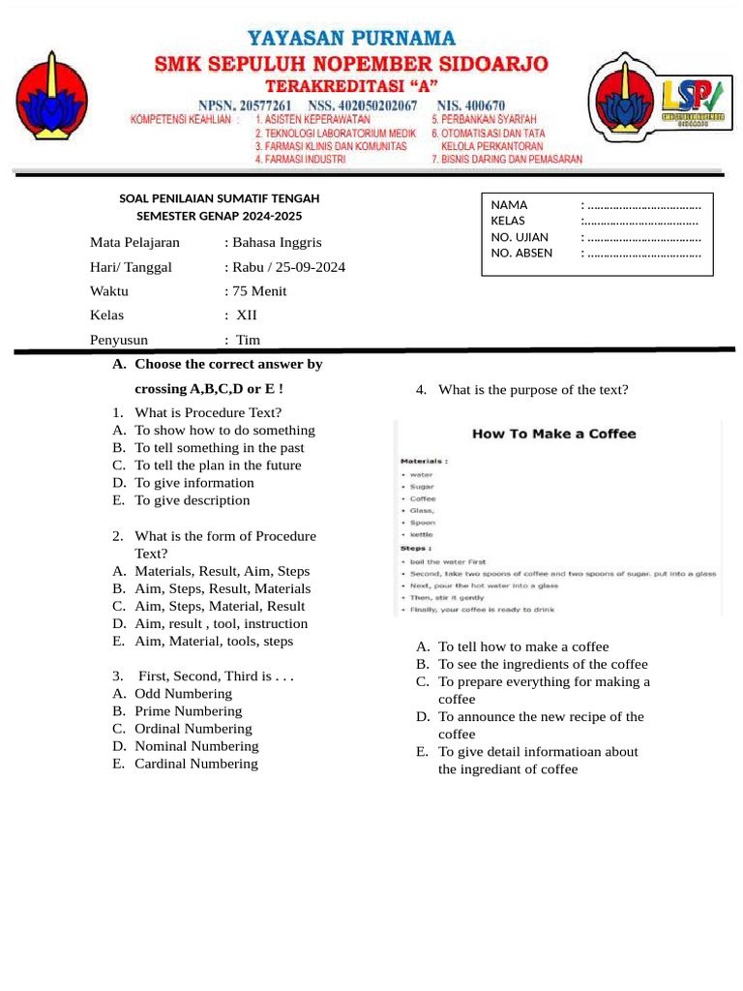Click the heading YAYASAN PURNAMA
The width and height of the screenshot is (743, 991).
pos(351,39)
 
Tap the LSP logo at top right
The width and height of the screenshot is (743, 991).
pos(689,97)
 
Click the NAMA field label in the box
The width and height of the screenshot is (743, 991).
pos(509,205)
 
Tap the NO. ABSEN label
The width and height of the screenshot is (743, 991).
pos(521,254)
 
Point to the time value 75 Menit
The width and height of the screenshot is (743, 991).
pos(259,291)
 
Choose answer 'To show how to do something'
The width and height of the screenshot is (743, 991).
pos(224,431)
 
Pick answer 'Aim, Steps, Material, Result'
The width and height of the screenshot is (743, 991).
pos(220,607)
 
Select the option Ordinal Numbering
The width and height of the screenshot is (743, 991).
pos(193,729)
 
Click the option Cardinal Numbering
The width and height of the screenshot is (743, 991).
pos(196,764)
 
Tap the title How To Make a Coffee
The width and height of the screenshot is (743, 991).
pos(553,435)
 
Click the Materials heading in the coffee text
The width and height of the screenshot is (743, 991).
pos(424,461)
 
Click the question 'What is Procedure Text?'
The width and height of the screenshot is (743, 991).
pos(208,413)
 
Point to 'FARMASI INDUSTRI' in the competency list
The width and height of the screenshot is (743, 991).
pos(299,159)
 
